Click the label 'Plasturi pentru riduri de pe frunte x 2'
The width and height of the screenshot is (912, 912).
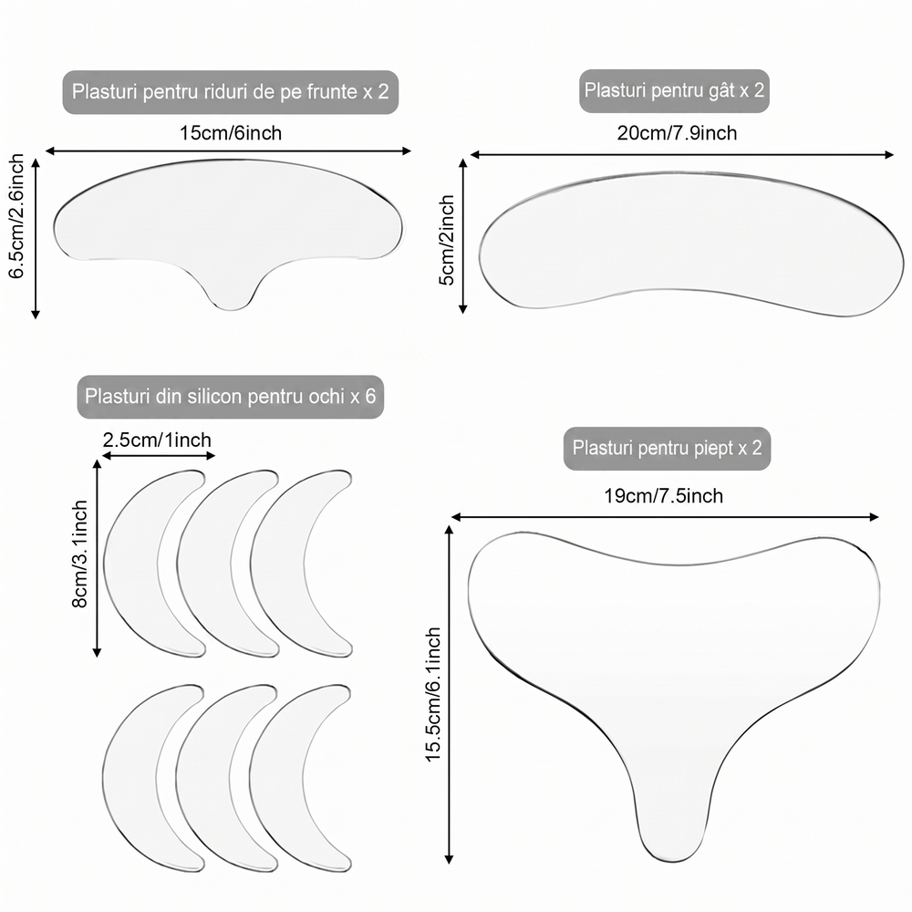tap(231, 92)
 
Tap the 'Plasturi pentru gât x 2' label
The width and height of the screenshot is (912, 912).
tap(674, 90)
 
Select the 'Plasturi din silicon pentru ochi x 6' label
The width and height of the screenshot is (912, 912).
tap(231, 397)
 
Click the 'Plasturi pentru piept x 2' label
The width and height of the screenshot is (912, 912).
tap(668, 448)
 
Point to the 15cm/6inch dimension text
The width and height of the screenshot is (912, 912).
tap(231, 133)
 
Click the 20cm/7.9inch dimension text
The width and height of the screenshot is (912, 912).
tap(677, 133)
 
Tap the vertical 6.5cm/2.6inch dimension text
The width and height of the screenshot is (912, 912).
tap(16, 216)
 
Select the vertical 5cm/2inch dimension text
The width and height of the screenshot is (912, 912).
tap(446, 240)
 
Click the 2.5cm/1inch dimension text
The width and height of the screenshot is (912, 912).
tap(157, 440)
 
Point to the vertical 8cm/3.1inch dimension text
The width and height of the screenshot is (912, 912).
tap(79, 554)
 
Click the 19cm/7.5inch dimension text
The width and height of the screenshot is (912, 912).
tap(664, 496)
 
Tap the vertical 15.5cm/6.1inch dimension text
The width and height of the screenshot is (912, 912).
tap(433, 694)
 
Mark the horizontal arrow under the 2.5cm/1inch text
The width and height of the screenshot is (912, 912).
tap(157, 456)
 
